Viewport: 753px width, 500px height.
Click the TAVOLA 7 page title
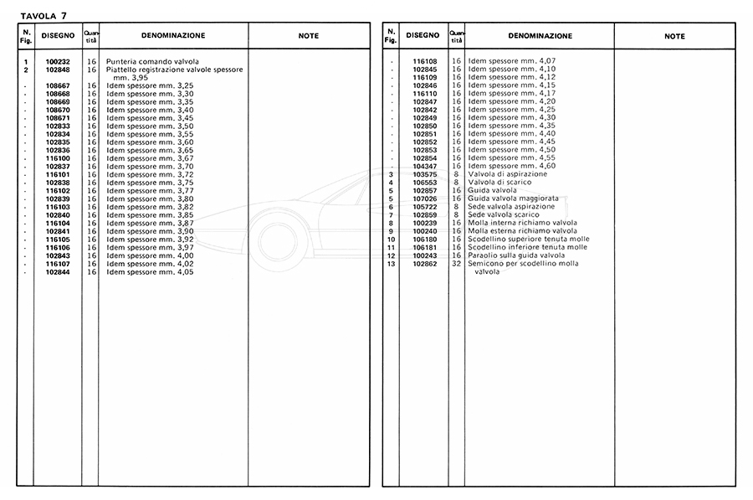pyautogui.click(x=44, y=15)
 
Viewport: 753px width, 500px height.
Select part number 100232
pyautogui.click(x=58, y=62)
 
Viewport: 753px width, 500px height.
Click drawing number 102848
pyautogui.click(x=58, y=70)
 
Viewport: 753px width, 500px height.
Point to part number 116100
pyautogui.click(x=58, y=158)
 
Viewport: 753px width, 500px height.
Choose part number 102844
pyautogui.click(x=58, y=272)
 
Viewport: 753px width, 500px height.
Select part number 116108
pyautogui.click(x=425, y=61)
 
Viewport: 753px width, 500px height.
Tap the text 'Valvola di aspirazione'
pyautogui.click(x=508, y=174)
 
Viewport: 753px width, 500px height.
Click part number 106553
pyautogui.click(x=425, y=183)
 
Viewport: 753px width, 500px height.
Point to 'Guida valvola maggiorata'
pyautogui.click(x=513, y=198)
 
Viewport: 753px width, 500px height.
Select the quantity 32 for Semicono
pyautogui.click(x=456, y=264)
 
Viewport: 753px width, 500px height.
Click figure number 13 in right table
pyautogui.click(x=391, y=264)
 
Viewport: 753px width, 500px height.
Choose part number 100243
pyautogui.click(x=425, y=255)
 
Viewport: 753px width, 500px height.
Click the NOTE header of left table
pyautogui.click(x=309, y=36)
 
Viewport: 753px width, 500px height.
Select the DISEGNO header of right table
pyautogui.click(x=423, y=36)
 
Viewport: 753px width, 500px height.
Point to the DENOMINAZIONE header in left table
pyautogui.click(x=173, y=36)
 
